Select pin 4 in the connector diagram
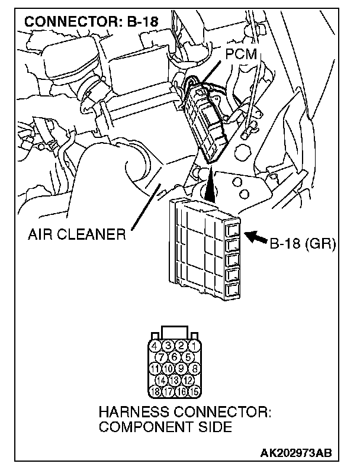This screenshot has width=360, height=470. tap(155, 346)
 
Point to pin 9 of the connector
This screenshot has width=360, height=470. tap(180, 368)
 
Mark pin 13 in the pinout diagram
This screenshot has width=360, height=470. tap(175, 379)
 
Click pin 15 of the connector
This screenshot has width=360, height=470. tap(194, 391)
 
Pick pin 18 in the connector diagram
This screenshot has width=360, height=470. tap(155, 391)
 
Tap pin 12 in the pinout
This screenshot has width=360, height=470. tap(187, 379)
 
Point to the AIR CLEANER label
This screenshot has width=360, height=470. tap(77, 234)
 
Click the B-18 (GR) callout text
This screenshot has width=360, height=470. tap(303, 243)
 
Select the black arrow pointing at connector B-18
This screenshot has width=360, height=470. tap(256, 238)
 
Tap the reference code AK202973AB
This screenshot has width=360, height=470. tap(295, 453)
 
